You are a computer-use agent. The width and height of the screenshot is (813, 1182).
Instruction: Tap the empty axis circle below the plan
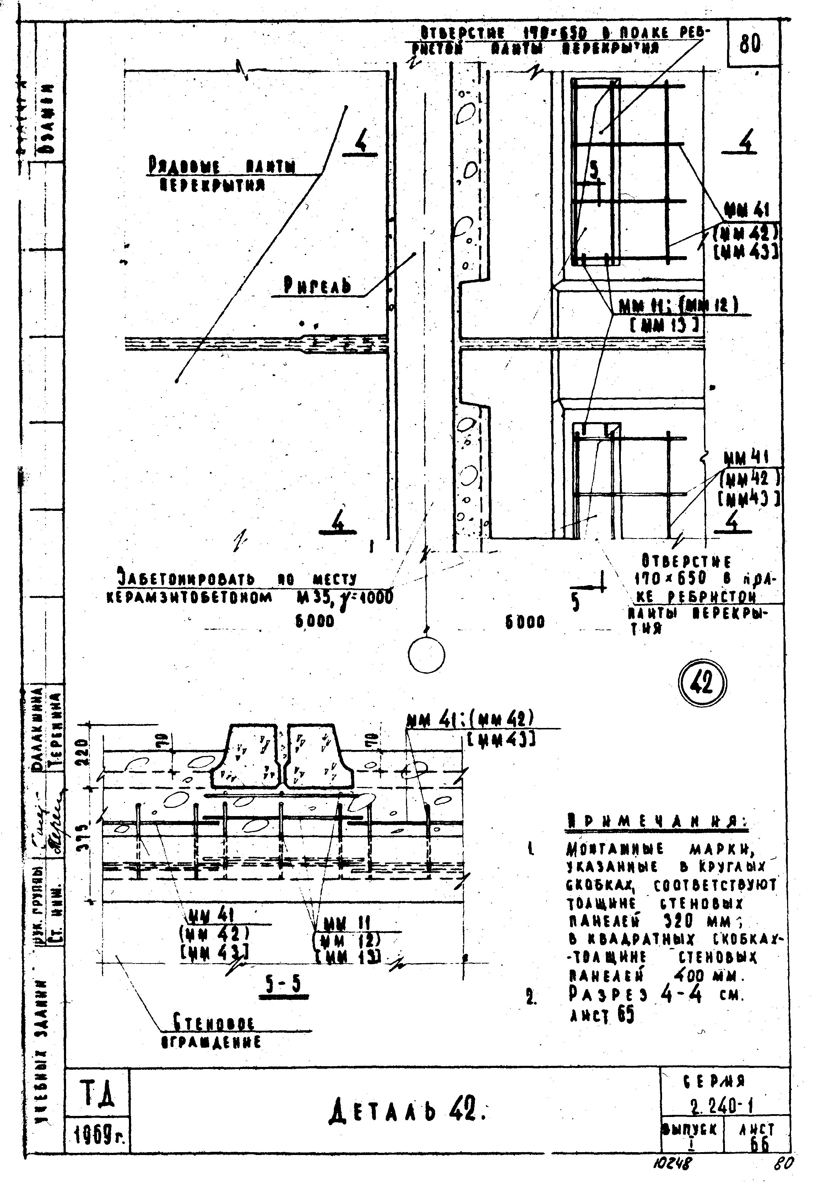tap(426, 654)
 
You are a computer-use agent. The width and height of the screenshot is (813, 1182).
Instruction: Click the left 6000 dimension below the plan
tap(314, 621)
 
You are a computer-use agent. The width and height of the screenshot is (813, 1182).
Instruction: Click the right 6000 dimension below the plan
tap(526, 622)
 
